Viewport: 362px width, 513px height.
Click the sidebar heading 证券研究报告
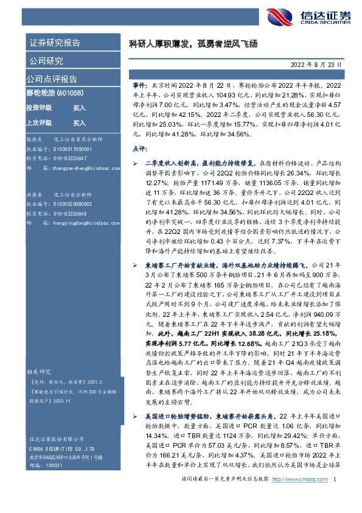[x=55, y=43]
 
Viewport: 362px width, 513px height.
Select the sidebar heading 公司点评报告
[x=52, y=79]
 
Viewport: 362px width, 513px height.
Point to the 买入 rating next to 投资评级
[x=79, y=107]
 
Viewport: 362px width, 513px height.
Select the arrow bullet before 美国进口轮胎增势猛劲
[x=134, y=398]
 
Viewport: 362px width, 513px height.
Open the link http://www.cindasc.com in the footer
[x=300, y=479]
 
